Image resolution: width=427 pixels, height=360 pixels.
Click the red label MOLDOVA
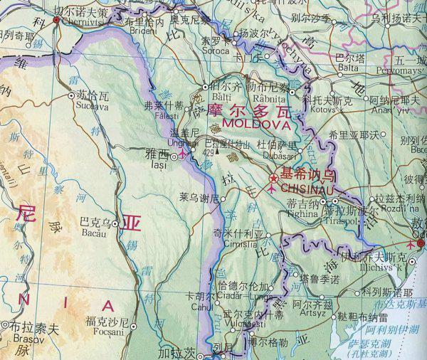(x=251, y=123)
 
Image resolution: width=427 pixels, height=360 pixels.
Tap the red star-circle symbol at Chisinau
(x=274, y=178)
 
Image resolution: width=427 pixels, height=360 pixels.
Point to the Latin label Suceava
(x=87, y=107)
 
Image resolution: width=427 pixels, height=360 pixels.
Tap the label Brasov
(x=15, y=340)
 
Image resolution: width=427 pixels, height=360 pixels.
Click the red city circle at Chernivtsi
(x=57, y=21)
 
